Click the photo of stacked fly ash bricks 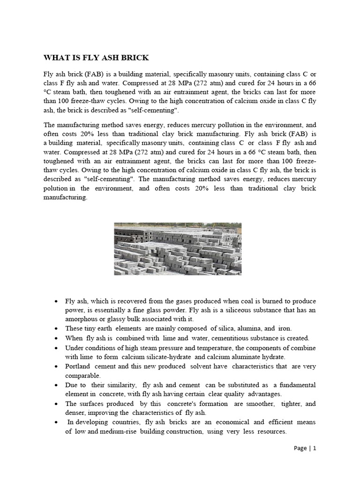[178, 248]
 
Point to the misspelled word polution [57, 188]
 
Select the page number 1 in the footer [315, 448]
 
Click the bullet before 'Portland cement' [56, 367]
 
